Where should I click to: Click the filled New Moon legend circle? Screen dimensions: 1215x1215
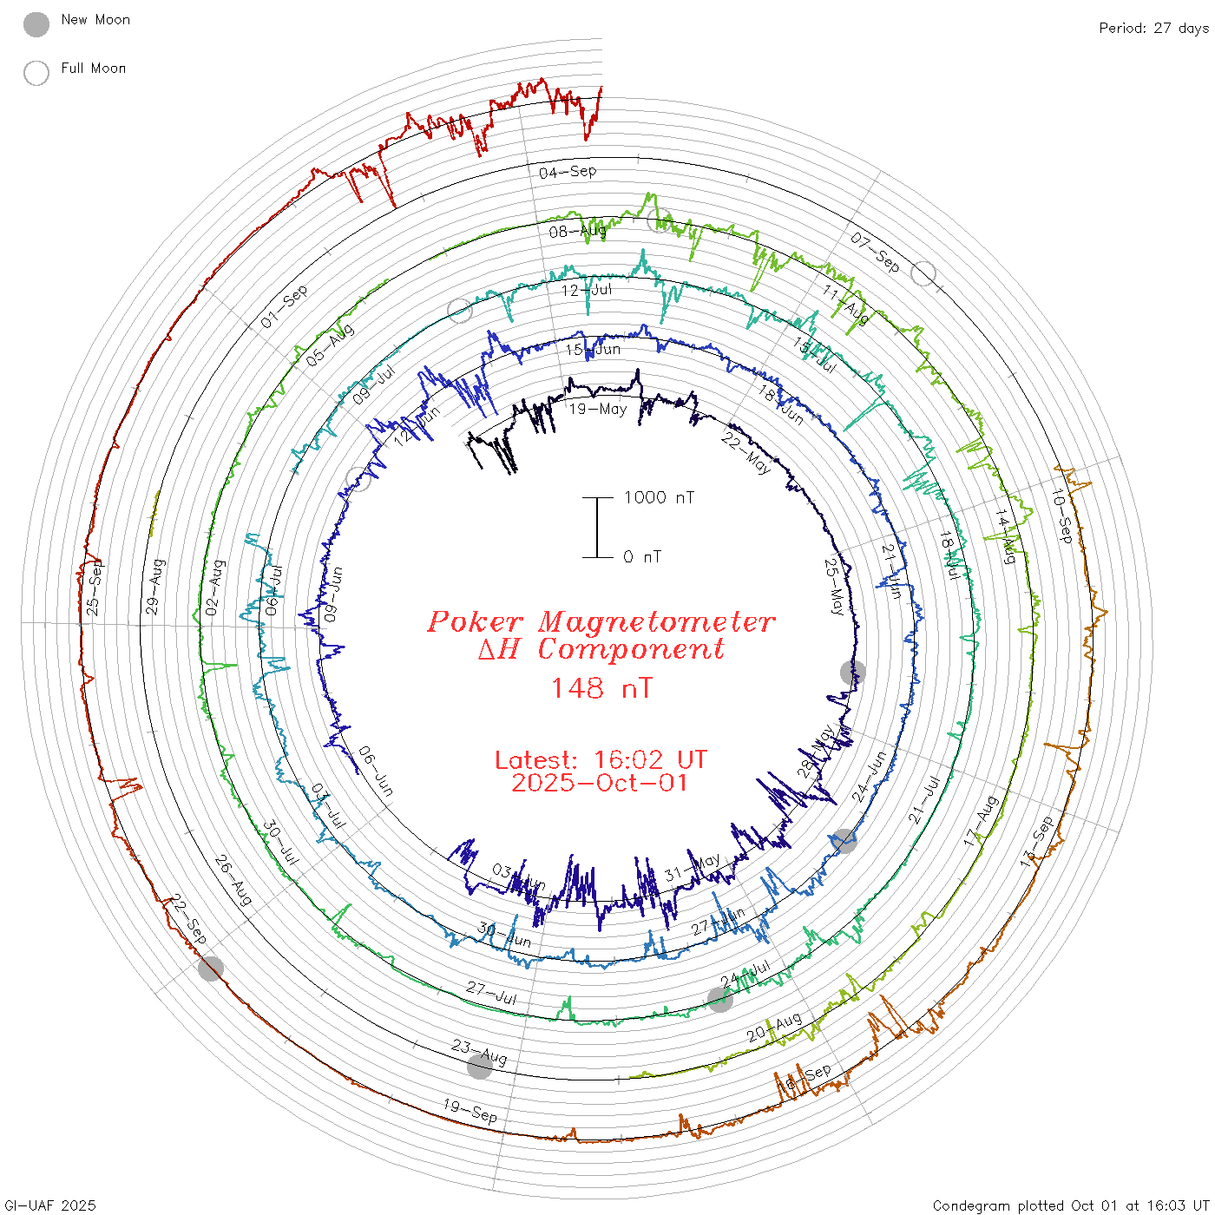[x=36, y=24]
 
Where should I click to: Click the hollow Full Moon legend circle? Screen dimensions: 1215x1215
[x=36, y=73]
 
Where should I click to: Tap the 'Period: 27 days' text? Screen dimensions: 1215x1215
[x=1153, y=28]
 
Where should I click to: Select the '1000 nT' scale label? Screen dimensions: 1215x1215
[x=659, y=497]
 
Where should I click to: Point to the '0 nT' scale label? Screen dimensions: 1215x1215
[x=642, y=557]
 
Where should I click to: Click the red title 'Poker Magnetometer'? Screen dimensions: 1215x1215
[x=601, y=621]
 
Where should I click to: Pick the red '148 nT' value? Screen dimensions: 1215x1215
[x=601, y=688]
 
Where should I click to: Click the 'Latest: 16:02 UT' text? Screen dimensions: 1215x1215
[x=601, y=760]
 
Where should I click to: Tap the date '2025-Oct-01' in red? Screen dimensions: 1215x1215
[x=600, y=783]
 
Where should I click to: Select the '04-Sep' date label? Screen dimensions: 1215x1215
[x=568, y=172]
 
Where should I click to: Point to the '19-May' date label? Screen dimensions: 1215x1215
[x=598, y=409]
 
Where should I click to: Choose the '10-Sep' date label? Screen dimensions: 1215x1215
[x=1061, y=516]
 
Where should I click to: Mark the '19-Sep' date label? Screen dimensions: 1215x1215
[x=470, y=1111]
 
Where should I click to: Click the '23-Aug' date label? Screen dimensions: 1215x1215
[x=479, y=1052]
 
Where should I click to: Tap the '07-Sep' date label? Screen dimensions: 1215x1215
[x=875, y=252]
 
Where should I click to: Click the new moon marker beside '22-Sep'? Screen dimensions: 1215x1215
[x=210, y=969]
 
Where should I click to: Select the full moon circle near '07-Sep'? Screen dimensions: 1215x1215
[x=923, y=273]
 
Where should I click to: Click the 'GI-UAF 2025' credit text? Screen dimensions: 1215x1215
[x=50, y=1205]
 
